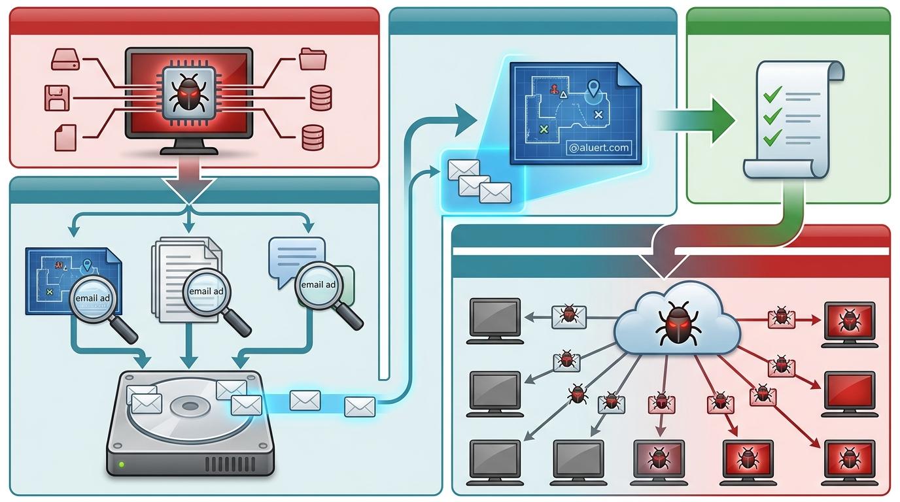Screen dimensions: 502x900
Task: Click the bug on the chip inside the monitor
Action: coord(188,95)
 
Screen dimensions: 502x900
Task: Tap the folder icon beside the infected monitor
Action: coord(313,59)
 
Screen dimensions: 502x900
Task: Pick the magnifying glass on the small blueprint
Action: coord(93,297)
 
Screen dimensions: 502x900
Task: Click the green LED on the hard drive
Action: coord(122,465)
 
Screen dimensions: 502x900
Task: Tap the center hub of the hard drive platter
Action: coord(190,407)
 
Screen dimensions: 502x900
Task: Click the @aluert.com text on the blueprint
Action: coord(599,148)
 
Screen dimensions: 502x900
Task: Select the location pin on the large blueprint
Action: coord(593,88)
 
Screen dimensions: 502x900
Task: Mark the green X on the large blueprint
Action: coord(543,129)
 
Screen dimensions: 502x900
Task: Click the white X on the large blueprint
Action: coord(597,114)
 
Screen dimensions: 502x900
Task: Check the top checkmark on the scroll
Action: coord(772,95)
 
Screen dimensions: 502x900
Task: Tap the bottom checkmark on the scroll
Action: coord(772,137)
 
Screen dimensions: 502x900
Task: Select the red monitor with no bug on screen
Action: coord(849,390)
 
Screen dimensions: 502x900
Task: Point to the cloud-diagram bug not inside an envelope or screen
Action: coord(577,393)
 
